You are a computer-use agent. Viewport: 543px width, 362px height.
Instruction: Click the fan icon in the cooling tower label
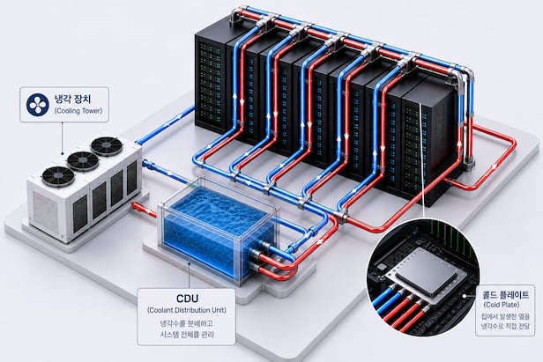(x=38, y=105)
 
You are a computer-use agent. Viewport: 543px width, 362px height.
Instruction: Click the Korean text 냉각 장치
(x=72, y=99)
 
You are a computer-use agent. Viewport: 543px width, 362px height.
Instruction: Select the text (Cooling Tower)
(x=78, y=111)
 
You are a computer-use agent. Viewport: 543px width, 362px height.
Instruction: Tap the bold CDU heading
(x=187, y=299)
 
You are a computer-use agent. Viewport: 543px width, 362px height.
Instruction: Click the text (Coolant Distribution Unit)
(x=187, y=310)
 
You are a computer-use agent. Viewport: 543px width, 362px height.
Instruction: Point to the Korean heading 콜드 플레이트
(x=506, y=294)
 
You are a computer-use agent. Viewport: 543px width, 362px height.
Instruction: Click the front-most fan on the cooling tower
(x=58, y=176)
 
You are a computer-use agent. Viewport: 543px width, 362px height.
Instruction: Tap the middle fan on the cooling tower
(x=83, y=161)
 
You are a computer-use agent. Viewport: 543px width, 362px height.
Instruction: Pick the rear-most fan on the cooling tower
(x=107, y=146)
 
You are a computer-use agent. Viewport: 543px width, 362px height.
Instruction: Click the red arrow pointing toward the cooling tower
(x=143, y=210)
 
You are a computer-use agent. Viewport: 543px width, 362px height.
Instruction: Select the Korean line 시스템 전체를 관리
(x=187, y=335)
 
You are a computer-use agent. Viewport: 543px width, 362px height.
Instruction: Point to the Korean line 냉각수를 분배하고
(x=187, y=323)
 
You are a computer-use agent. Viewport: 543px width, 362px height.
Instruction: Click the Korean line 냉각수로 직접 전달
(x=505, y=326)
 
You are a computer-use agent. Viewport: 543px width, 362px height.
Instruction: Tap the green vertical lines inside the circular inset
(x=444, y=231)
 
